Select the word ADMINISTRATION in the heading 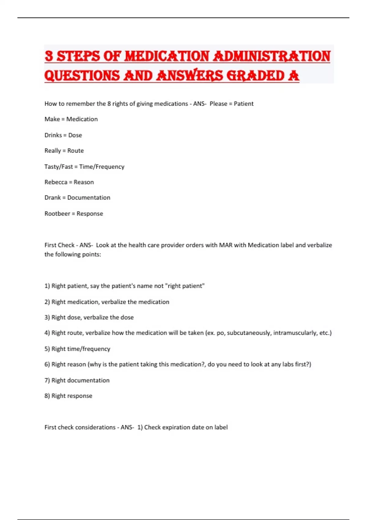pos(272,57)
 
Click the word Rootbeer pos(57,214)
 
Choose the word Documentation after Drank pos(89,198)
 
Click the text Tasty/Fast pos(58,167)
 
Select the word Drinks pos(53,135)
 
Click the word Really pos(53,151)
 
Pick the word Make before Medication pos(52,119)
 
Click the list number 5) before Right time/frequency pos(47,349)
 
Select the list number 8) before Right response pos(47,396)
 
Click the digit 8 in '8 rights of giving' pos(109,104)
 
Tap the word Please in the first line pos(218,104)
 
